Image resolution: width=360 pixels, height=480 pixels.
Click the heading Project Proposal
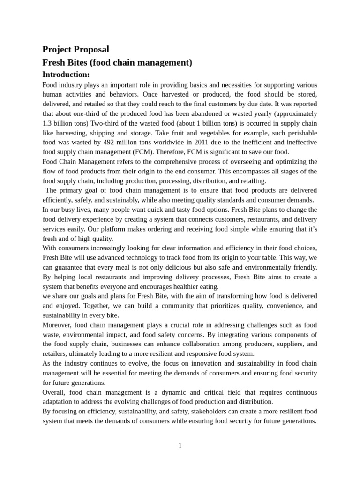75,49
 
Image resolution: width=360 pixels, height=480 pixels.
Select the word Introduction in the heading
65,75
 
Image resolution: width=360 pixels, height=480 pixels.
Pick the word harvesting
71,133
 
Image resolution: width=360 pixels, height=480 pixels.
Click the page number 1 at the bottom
180,446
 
